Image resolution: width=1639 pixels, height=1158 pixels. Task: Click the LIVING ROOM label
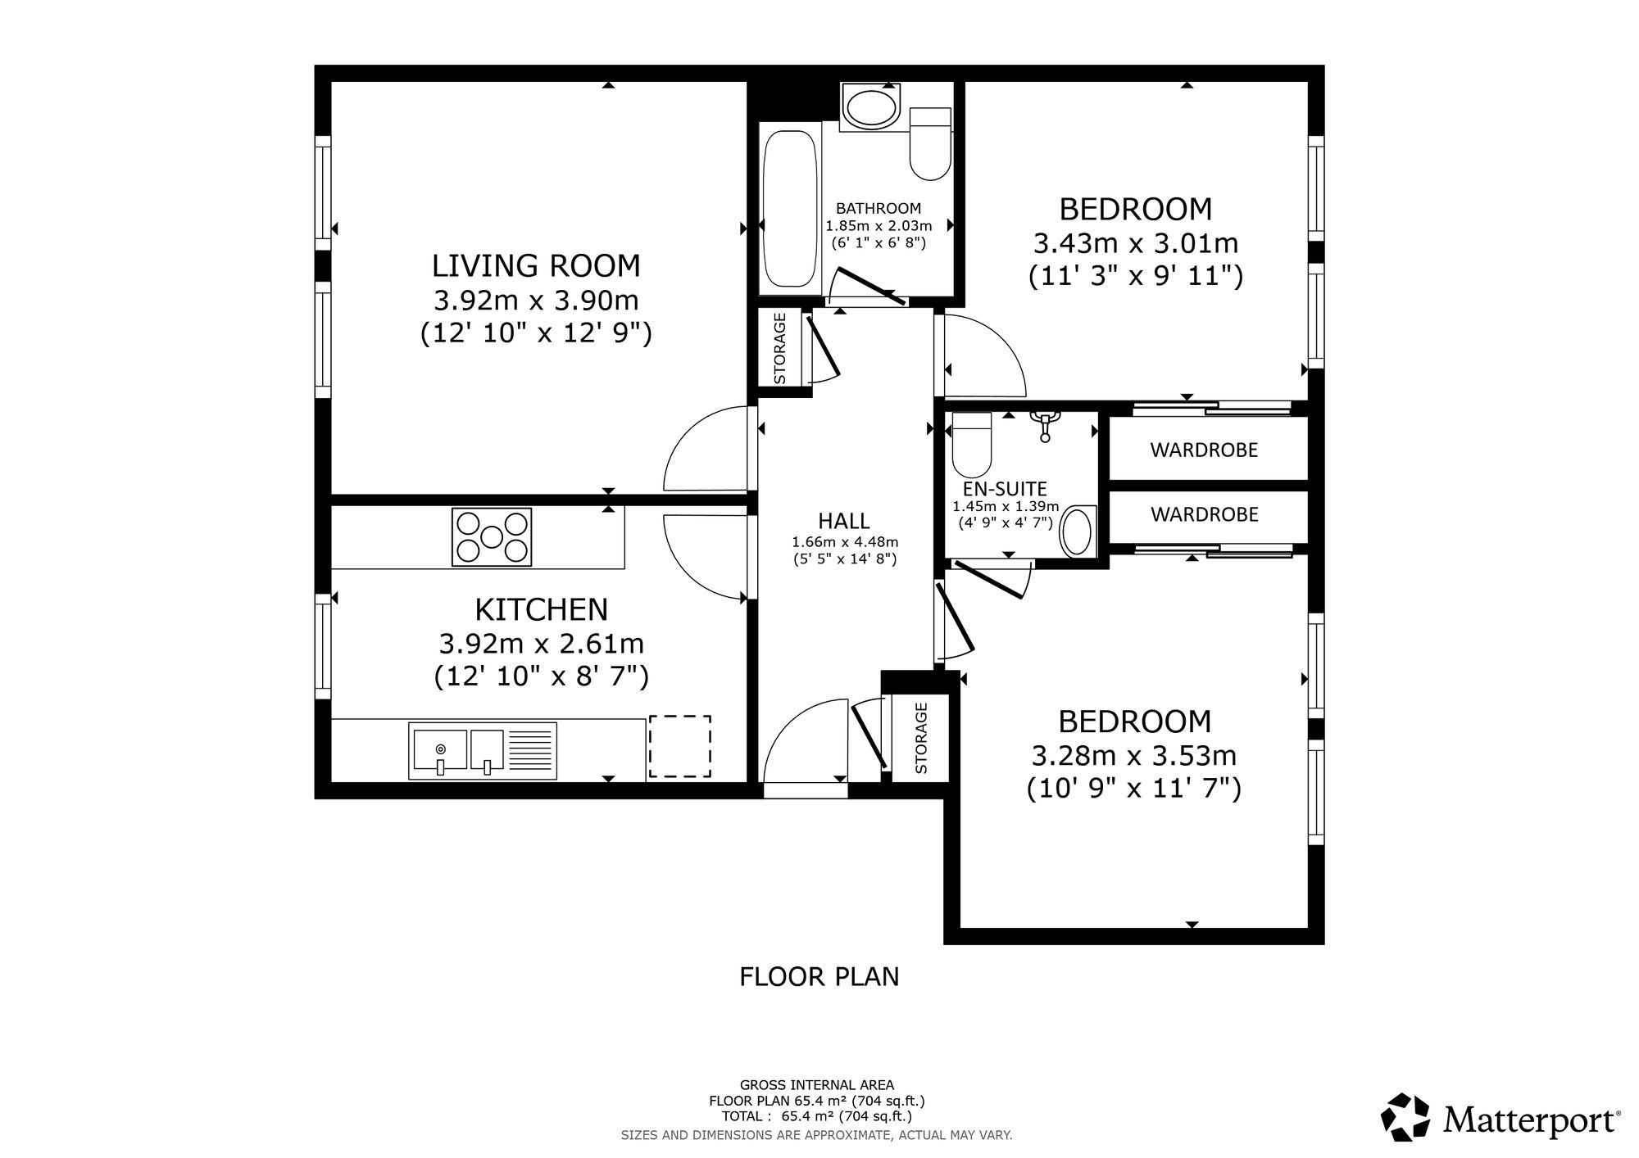point(536,266)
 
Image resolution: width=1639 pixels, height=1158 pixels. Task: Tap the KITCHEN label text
point(542,610)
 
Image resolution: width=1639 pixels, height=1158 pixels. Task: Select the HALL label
point(844,521)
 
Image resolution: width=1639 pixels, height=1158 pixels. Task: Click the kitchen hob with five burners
point(492,536)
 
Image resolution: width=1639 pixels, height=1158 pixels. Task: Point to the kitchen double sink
point(483,750)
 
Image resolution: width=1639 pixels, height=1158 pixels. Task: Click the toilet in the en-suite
point(972,445)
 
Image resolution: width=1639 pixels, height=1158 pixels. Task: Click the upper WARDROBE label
point(1204,450)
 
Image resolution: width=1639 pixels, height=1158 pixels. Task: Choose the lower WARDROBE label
point(1205,514)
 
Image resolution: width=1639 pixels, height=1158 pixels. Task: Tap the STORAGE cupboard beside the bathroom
point(780,349)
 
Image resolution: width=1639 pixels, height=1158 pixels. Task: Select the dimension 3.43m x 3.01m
point(1136,243)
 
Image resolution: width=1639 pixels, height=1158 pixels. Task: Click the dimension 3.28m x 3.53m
point(1134,755)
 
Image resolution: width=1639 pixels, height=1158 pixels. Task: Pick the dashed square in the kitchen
point(680,746)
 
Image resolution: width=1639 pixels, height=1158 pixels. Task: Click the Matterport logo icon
point(1406,1116)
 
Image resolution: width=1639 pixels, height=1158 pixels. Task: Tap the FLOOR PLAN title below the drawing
point(819,977)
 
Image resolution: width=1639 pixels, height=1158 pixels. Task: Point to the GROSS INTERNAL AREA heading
point(817,1085)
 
